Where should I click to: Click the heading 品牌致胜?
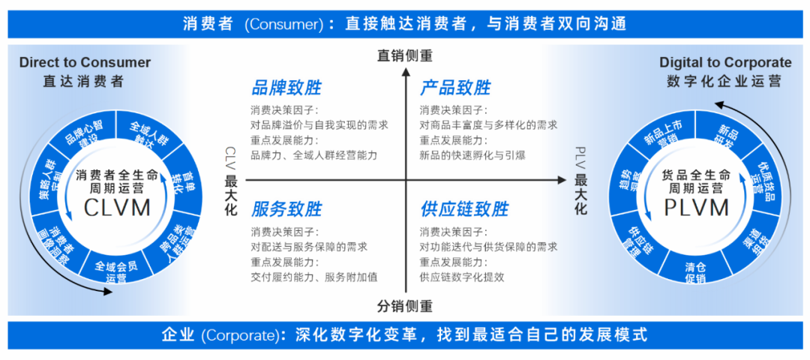click(x=286, y=88)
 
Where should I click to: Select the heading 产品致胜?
click(x=455, y=88)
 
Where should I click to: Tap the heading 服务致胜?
click(x=286, y=208)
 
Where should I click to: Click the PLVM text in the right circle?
click(x=696, y=206)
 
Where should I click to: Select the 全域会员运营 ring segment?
click(x=116, y=271)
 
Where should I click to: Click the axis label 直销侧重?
click(x=405, y=55)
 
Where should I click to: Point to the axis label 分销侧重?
click(x=405, y=306)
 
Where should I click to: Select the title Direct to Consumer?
click(x=85, y=63)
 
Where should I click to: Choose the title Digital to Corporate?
click(x=724, y=63)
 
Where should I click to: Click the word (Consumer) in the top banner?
click(x=282, y=24)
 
